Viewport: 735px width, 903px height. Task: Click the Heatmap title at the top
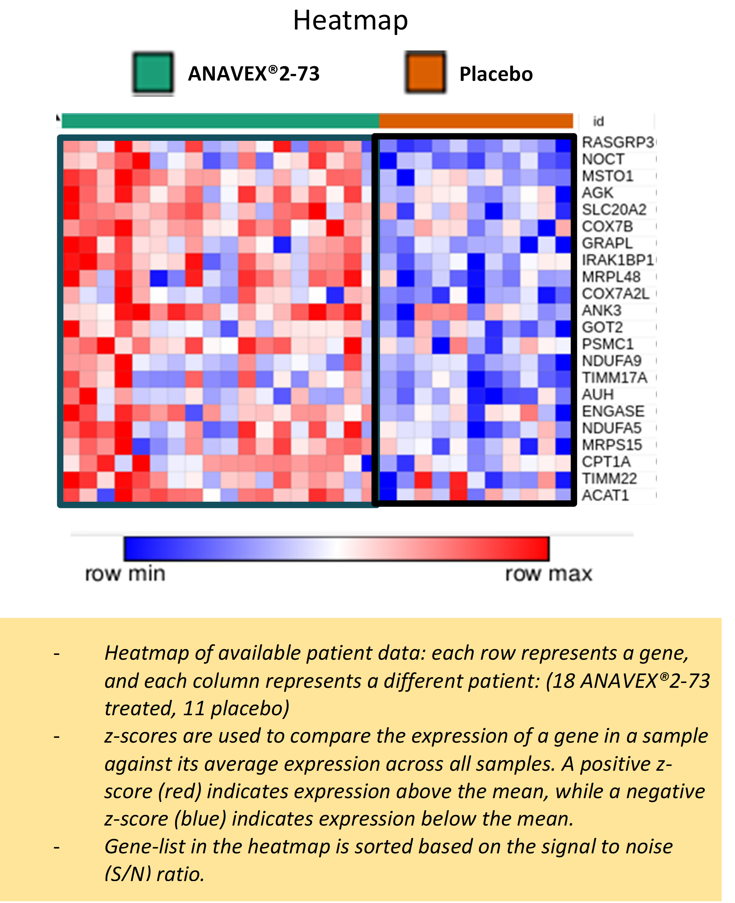351,21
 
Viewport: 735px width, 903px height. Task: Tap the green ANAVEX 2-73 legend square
153,73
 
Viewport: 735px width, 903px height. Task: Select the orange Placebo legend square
425,72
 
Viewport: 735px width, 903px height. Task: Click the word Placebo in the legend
496,74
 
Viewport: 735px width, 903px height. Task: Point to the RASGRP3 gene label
618,142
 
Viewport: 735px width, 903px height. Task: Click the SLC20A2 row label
614,209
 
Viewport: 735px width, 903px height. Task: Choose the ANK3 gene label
602,310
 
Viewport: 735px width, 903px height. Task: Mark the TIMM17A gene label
615,378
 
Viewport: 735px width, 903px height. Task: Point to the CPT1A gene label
606,462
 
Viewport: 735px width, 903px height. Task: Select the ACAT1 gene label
605,495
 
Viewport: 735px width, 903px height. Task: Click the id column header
598,122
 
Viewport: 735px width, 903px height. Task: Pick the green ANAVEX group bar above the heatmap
221,121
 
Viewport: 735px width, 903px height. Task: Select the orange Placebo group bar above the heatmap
476,121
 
